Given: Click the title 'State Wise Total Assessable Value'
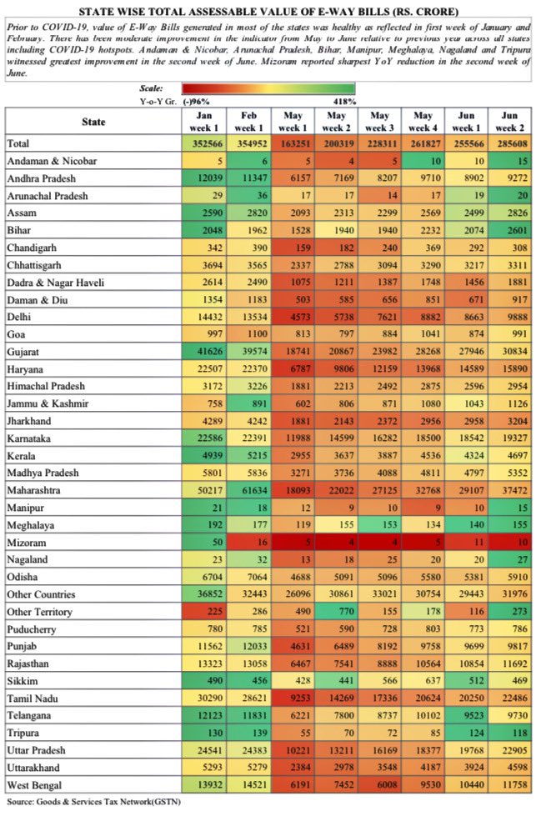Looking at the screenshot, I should [270, 12].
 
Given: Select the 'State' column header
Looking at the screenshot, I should [93, 122].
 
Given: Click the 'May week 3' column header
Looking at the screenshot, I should [378, 122].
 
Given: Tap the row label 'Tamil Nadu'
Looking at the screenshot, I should [35, 696].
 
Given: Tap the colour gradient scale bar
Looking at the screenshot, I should [269, 88].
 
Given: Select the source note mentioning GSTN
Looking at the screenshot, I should [93, 802].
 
